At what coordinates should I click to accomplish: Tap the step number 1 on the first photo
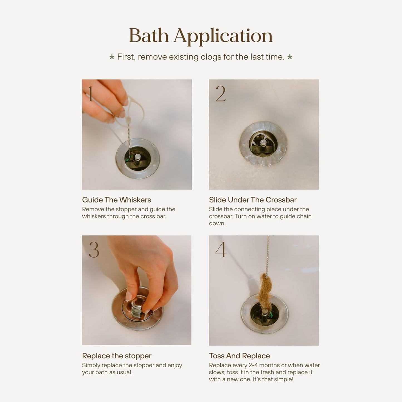click(x=90, y=94)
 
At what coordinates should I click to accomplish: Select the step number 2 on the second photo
click(x=220, y=94)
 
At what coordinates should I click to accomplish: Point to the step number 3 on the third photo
click(x=94, y=250)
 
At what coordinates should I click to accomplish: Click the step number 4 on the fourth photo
click(x=221, y=250)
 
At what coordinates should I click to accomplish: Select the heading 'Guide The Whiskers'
click(x=116, y=200)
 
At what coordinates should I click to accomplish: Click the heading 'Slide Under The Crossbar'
click(x=253, y=200)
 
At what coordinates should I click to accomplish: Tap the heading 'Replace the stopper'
click(x=117, y=356)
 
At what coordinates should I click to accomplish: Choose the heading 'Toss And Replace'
click(x=239, y=356)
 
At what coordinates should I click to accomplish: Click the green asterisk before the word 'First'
click(x=112, y=57)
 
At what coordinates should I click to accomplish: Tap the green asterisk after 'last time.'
click(x=290, y=57)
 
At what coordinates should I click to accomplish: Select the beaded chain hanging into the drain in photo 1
click(x=129, y=142)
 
